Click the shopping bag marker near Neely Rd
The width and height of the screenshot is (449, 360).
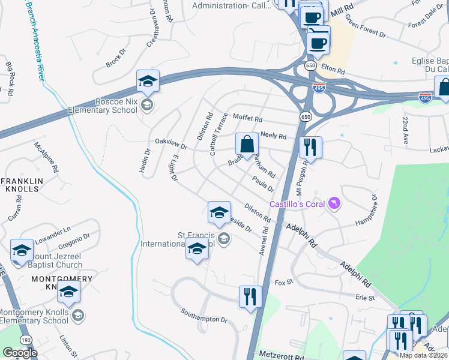point(247,144)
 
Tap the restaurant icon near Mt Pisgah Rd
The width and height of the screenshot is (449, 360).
point(310,146)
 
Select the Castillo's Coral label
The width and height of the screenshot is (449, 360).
point(297,205)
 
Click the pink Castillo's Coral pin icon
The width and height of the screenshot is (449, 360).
point(334,205)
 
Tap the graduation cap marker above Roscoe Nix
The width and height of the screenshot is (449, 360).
point(147,82)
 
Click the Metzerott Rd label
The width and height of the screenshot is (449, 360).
point(280,355)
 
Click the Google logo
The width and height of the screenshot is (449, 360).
point(20,353)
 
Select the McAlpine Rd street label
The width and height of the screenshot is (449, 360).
point(46,158)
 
